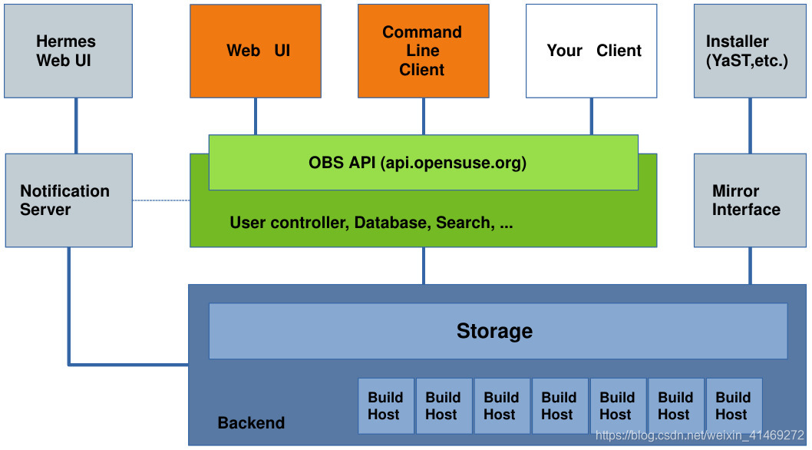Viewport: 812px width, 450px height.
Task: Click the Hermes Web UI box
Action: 68,51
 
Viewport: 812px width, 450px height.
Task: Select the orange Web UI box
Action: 256,51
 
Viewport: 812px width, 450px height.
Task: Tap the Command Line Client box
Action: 423,51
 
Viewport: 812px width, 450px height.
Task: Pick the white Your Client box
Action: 591,51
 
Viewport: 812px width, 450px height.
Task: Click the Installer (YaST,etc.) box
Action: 750,51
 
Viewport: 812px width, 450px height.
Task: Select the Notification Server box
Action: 68,200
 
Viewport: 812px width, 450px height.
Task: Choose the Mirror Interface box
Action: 750,200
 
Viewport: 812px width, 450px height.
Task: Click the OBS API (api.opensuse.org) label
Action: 418,163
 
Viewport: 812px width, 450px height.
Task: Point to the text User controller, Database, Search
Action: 371,223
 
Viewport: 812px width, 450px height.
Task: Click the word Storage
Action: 494,331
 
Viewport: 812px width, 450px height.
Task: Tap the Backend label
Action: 251,423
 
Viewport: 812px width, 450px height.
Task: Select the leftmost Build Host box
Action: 385,406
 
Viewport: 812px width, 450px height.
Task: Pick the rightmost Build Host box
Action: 733,406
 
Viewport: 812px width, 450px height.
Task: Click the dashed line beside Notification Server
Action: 161,200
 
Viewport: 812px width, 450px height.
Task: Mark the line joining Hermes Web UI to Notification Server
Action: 76,126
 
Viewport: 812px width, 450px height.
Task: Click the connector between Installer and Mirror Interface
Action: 750,126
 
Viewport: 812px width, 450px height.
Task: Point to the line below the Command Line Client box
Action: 423,116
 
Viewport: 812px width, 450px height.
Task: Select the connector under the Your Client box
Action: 591,116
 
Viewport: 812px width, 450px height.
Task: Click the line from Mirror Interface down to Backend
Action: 750,266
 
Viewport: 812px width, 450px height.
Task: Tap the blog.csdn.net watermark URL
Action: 699,436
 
